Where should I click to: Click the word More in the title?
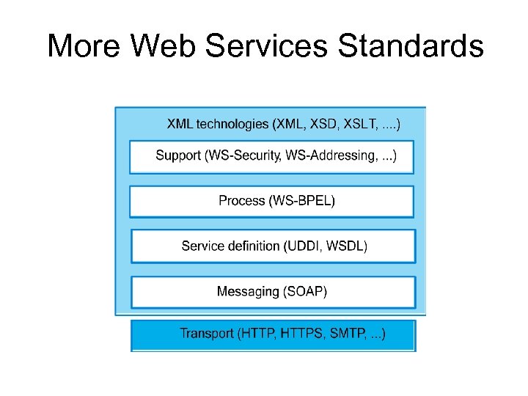[84, 45]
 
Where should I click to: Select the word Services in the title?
[268, 45]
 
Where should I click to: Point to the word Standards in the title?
[411, 45]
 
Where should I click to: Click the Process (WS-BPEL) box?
[271, 201]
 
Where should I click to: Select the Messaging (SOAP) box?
[273, 292]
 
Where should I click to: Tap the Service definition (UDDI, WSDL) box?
[273, 246]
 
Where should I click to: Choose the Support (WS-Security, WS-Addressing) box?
[271, 156]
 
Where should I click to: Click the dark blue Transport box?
[273, 335]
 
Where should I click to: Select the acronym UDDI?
[303, 246]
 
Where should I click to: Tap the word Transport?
[206, 334]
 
